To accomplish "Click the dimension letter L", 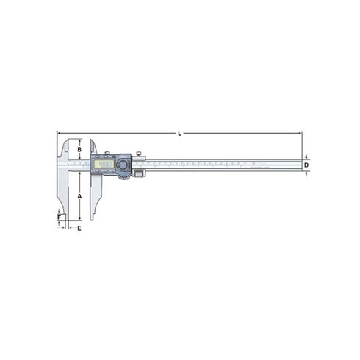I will (180, 133).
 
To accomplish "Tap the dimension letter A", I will (79, 196).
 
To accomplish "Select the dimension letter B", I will (79, 150).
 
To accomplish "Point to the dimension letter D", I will (306, 165).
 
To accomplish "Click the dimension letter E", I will (79, 228).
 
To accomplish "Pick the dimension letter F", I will (60, 217).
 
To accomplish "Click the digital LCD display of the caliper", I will (103, 165).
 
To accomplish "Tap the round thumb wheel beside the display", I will (123, 166).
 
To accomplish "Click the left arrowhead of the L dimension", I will (58, 133).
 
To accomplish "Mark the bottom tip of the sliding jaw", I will (93, 220).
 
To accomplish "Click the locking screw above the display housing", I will (107, 154).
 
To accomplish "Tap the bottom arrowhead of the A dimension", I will (79, 220).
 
